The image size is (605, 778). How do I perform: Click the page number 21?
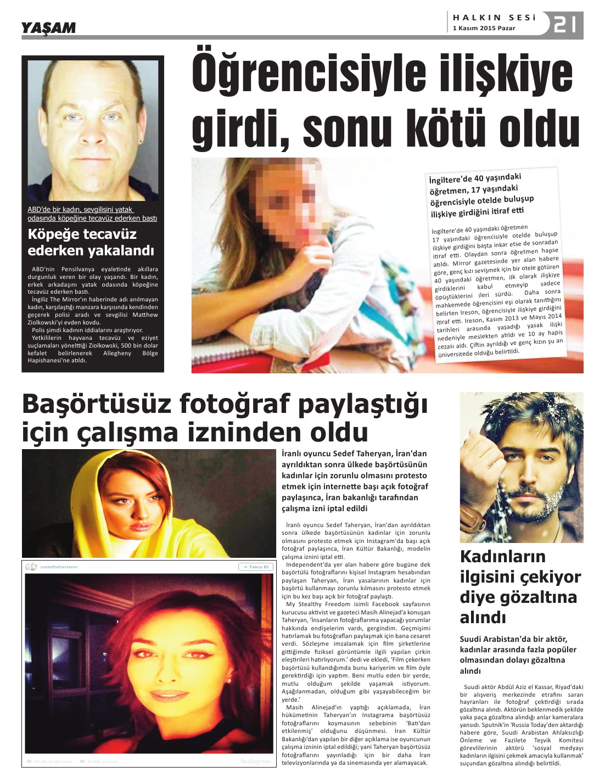point(565,25)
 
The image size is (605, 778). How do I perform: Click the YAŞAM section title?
point(48,28)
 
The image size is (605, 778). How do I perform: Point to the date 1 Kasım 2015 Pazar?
point(484,29)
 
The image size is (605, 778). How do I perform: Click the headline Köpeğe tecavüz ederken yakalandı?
point(91,243)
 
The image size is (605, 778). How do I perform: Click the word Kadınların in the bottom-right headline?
point(502,556)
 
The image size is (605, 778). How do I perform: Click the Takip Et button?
point(255,567)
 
